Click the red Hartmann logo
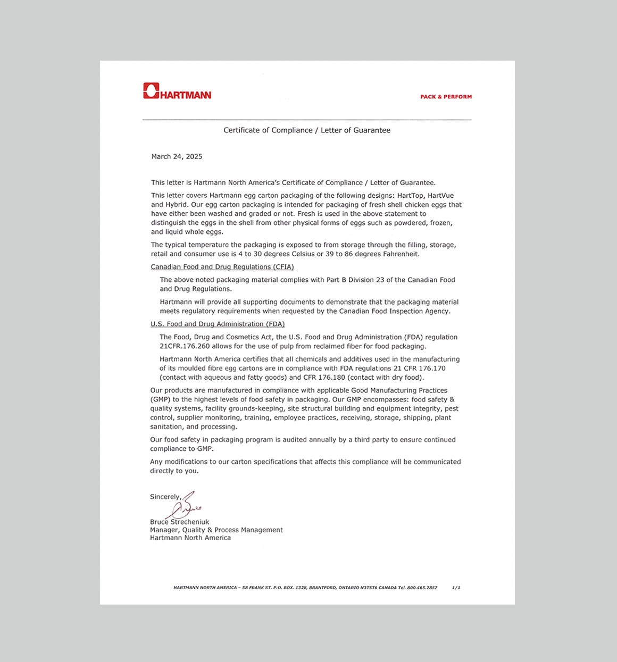tap(177, 91)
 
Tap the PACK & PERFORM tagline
tap(446, 97)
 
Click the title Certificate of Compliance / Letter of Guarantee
tap(307, 130)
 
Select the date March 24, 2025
tap(177, 156)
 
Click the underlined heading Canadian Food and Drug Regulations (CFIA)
tap(222, 267)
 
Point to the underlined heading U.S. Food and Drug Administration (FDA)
tap(218, 324)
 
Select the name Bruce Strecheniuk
tap(179, 522)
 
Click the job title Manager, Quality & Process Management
tap(216, 530)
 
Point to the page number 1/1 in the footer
tap(456, 588)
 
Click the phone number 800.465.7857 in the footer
tap(422, 588)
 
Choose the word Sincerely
tap(165, 497)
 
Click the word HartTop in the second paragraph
tap(410, 196)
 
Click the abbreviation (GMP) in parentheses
tap(160, 399)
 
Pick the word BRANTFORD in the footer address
tap(322, 588)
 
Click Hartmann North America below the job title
tap(190, 538)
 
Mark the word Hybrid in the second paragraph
tap(177, 205)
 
